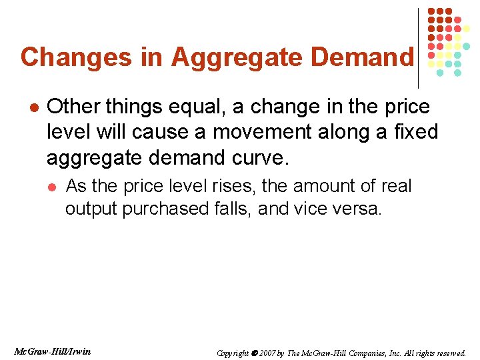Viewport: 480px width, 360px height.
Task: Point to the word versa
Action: pos(359,209)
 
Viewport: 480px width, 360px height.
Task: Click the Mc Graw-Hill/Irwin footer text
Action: pos(53,351)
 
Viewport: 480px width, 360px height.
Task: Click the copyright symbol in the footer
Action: pos(253,353)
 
